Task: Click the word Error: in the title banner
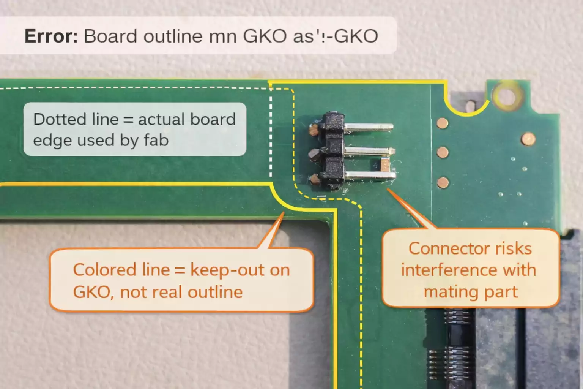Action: (x=51, y=36)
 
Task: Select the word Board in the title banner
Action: (x=110, y=36)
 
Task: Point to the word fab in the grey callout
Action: (x=156, y=141)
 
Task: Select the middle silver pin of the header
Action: (x=368, y=151)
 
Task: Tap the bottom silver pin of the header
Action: (x=370, y=175)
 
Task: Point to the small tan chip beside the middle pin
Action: (x=385, y=165)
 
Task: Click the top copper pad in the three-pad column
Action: (x=442, y=123)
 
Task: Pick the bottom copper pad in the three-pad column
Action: (x=443, y=183)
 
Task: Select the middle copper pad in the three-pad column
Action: (x=443, y=153)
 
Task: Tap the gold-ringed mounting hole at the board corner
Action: (x=506, y=95)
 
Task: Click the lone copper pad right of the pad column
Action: (x=528, y=139)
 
